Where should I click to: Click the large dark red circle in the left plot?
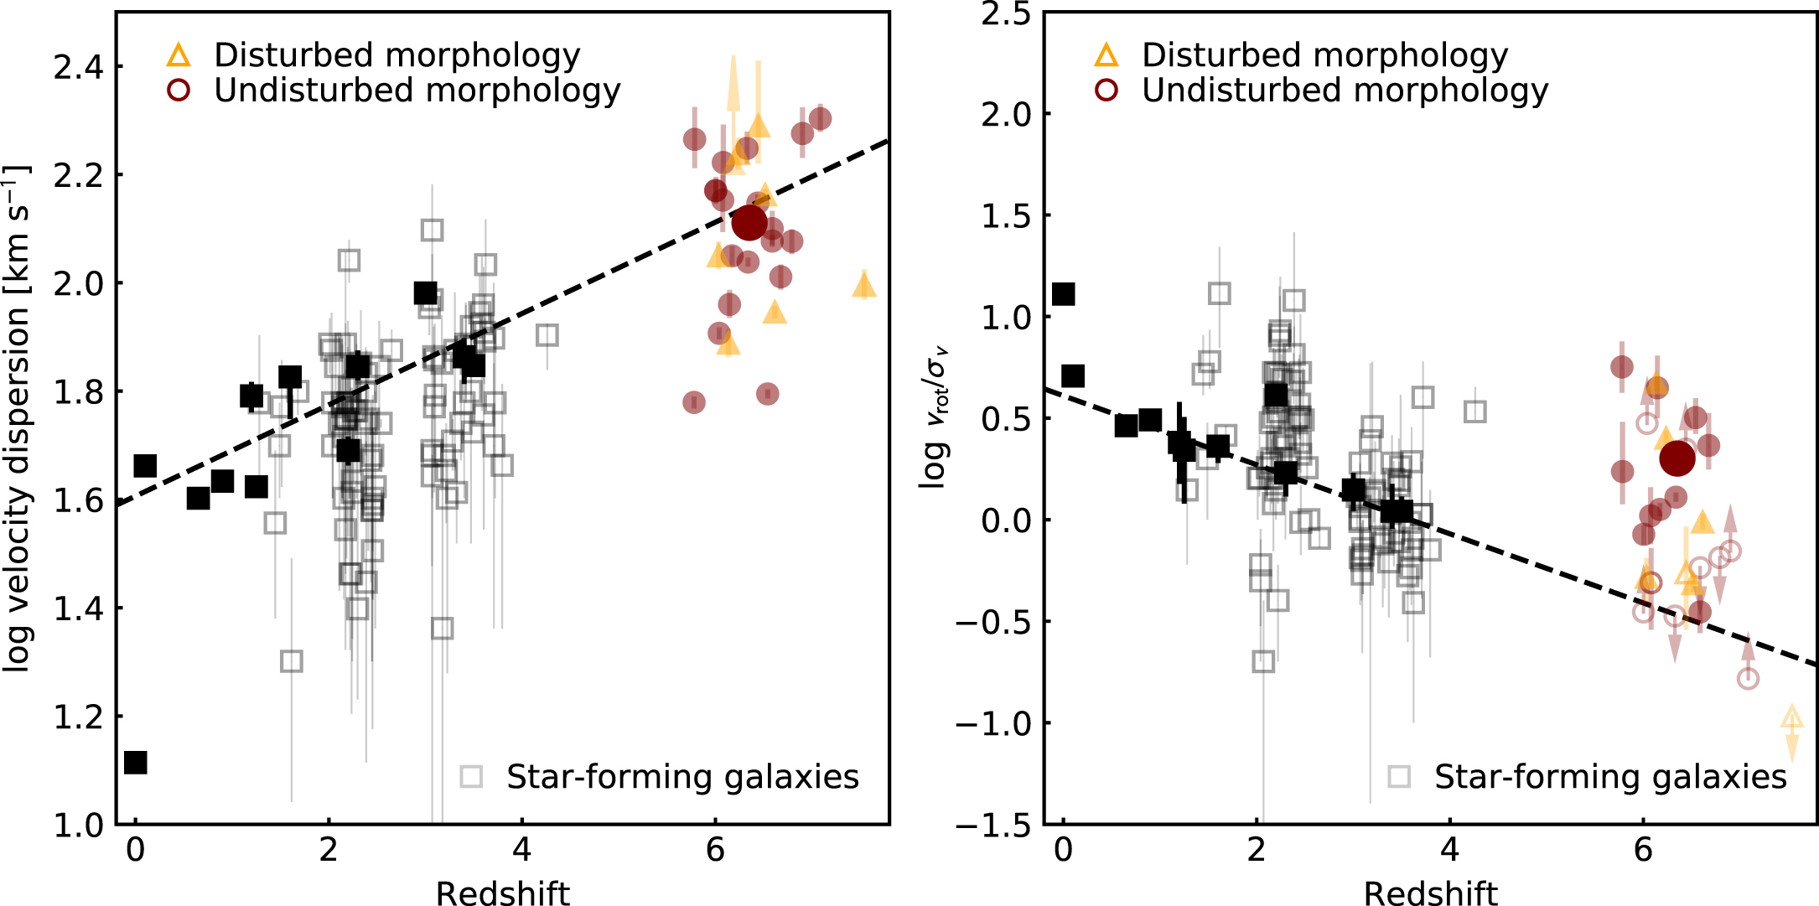[x=749, y=222]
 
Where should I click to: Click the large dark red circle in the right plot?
[x=1677, y=458]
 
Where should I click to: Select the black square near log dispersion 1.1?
[x=135, y=763]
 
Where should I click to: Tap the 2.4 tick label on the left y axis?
[x=77, y=67]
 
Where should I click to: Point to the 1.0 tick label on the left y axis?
[x=77, y=826]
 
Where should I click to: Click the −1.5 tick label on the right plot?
[x=994, y=826]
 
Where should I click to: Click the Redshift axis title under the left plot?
[x=503, y=893]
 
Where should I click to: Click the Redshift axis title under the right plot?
[x=1431, y=893]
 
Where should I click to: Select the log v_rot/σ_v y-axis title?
[x=935, y=419]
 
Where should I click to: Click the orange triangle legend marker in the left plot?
[x=179, y=55]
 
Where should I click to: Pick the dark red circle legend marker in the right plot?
[x=1106, y=91]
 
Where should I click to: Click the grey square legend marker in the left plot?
[x=471, y=776]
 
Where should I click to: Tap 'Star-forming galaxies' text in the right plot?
[x=1610, y=777]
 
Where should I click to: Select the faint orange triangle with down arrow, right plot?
[x=1791, y=718]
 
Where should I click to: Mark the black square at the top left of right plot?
[x=1063, y=294]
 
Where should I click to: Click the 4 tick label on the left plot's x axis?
[x=521, y=851]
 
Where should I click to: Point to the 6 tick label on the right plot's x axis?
[x=1643, y=851]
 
